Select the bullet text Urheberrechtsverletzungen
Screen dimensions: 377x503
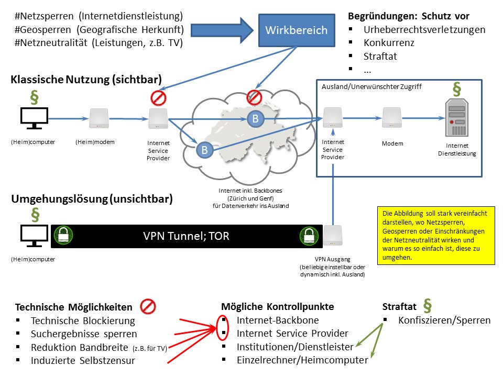click(x=424, y=30)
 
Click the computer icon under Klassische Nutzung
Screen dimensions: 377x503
click(x=34, y=118)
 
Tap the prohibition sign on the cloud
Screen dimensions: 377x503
click(x=255, y=97)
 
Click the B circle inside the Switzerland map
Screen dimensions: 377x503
click(x=255, y=119)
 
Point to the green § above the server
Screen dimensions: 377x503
click(x=456, y=89)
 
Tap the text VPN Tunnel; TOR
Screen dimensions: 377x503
click(x=186, y=236)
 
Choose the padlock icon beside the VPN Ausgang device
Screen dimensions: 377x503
click(x=309, y=236)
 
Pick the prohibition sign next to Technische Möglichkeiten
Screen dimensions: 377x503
click(x=149, y=307)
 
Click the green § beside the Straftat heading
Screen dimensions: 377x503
click(x=427, y=306)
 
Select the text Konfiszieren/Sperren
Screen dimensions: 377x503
click(x=444, y=320)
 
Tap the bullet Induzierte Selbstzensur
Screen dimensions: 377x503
click(x=83, y=360)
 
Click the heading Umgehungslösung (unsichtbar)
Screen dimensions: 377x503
click(x=92, y=199)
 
